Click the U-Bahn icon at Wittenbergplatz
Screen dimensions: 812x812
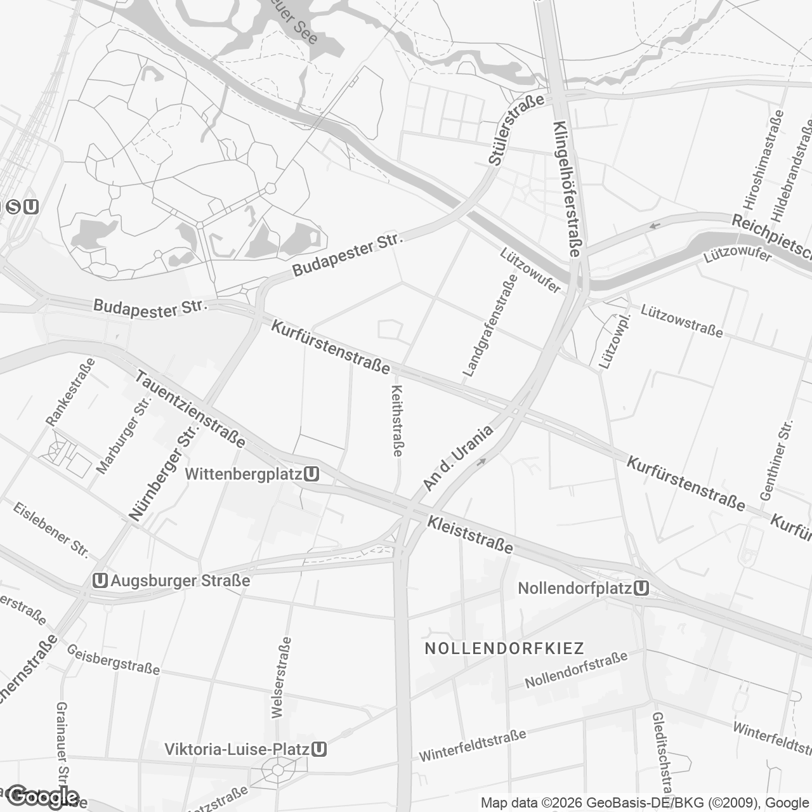(x=311, y=474)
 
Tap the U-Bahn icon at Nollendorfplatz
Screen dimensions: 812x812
(x=641, y=588)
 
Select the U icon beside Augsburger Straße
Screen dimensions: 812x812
(x=99, y=580)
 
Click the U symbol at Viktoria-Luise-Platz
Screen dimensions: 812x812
(x=320, y=749)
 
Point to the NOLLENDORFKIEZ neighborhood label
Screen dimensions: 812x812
(x=504, y=648)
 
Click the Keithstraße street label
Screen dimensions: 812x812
(x=398, y=421)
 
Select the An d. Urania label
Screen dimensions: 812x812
(x=458, y=459)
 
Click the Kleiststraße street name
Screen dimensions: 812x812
(x=470, y=534)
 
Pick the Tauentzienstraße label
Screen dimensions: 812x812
(x=190, y=409)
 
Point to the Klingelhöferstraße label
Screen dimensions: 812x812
(x=566, y=188)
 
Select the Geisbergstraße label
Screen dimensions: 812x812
(x=113, y=660)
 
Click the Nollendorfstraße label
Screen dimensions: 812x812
(x=576, y=670)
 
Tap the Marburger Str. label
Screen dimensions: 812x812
(x=123, y=436)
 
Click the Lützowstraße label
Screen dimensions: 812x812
(x=681, y=321)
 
